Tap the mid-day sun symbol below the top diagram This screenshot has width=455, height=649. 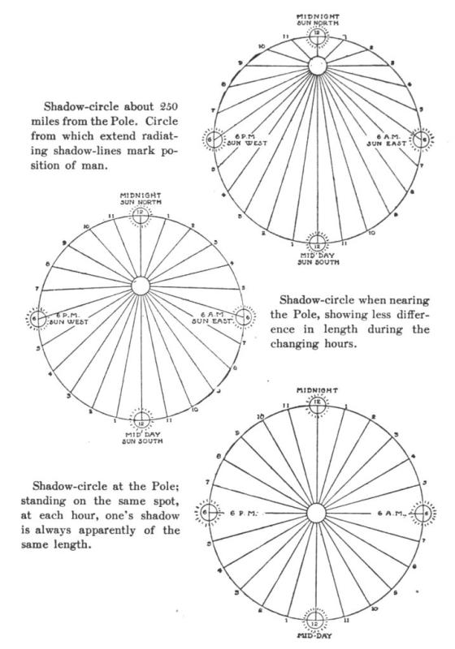(318, 242)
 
